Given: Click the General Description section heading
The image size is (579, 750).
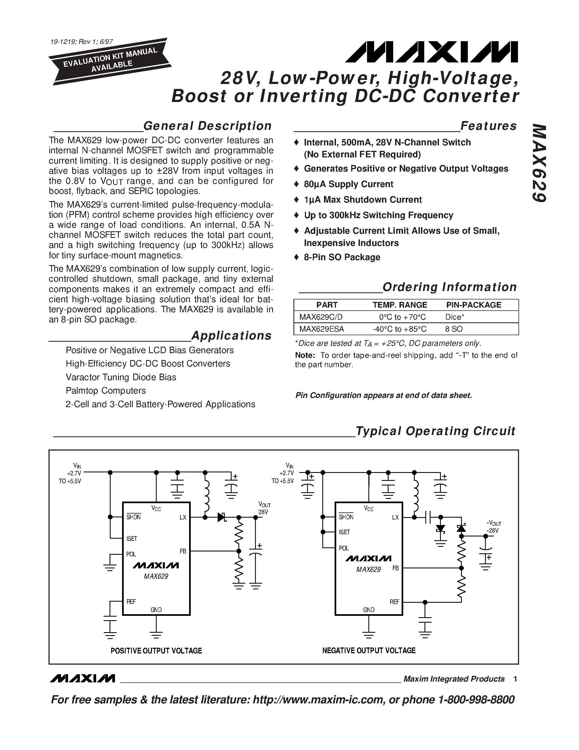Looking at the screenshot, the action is point(207,126).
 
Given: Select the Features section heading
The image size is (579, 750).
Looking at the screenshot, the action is point(488,126).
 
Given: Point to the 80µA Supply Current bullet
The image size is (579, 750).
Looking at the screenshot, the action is point(348,184).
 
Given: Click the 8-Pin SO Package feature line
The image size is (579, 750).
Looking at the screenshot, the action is point(342,257).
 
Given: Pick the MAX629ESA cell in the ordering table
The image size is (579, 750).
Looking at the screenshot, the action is point(322,329).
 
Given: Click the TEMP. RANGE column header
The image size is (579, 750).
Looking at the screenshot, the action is point(400,305).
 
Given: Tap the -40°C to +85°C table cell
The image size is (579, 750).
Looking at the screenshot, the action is point(399,329).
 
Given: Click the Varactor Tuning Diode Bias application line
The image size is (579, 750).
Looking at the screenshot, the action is point(121,377).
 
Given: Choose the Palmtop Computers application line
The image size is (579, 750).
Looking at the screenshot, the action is point(106,391).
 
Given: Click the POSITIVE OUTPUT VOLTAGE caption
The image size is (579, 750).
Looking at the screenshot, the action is point(156,651).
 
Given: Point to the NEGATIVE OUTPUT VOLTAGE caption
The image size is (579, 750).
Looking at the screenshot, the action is point(369,651).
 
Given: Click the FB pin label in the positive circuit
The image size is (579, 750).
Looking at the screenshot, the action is point(183,551).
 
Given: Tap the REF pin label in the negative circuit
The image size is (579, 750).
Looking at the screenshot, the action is point(394,602).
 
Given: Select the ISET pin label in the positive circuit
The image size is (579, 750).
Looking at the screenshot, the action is point(131,538).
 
